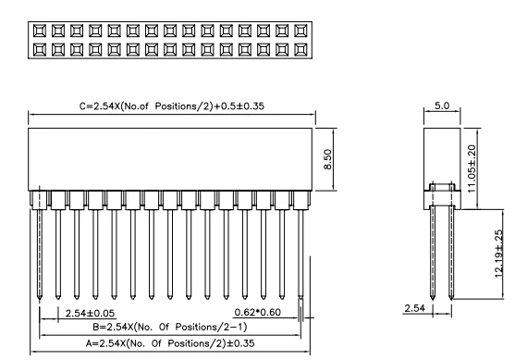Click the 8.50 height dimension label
343,158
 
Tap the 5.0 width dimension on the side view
442,106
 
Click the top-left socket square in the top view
40,31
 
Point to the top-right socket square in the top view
300,31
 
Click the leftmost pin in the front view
40,250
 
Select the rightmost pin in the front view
302,250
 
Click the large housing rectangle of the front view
171,158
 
